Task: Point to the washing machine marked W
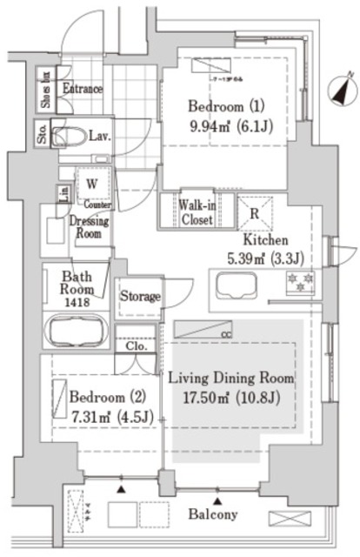click(x=90, y=184)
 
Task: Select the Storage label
click(x=139, y=296)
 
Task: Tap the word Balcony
click(x=214, y=514)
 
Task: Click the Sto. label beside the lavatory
click(x=42, y=135)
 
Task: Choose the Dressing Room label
click(x=89, y=227)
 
